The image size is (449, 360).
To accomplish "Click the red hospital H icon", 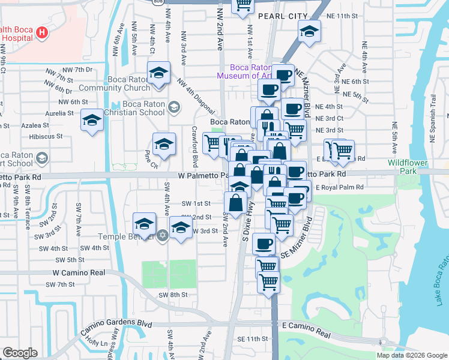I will pos(42,32).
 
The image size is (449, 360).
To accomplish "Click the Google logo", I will pos(20,353).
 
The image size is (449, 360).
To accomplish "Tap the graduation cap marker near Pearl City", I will pos(309,31).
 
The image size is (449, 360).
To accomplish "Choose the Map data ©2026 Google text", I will pos(412,355).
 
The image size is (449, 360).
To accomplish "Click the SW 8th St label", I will pos(173,295).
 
